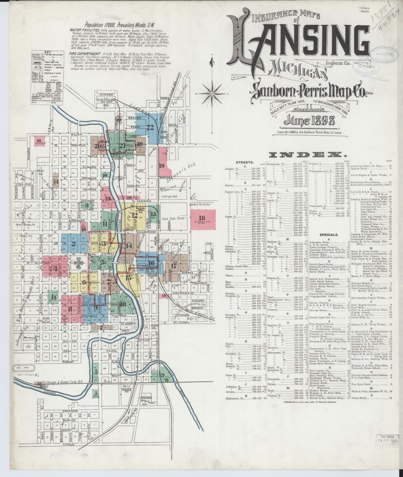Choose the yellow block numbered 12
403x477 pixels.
tap(135, 215)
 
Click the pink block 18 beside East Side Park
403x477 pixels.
tap(202, 218)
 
